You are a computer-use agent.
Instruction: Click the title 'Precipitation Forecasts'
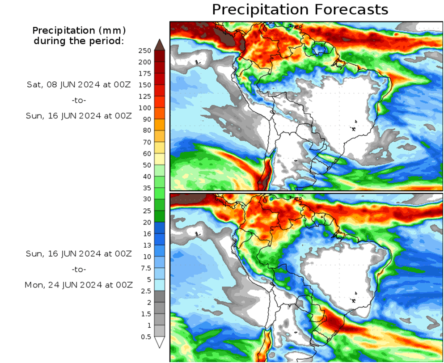click(300, 9)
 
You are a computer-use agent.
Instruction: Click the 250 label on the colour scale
click(145, 51)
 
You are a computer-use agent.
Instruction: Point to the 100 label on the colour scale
click(145, 108)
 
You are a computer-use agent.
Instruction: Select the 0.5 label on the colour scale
click(146, 337)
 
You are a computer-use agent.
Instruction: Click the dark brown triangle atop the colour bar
click(160, 44)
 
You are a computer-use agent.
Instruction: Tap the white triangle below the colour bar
click(160, 342)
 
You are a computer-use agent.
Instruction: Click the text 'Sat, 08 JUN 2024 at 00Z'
click(78, 84)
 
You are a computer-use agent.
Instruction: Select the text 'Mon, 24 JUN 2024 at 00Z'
click(78, 285)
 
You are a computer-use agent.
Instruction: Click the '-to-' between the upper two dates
click(79, 100)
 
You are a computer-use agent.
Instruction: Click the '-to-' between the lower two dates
click(79, 269)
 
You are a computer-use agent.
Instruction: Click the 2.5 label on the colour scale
click(146, 291)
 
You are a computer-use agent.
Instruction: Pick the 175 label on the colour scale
click(145, 73)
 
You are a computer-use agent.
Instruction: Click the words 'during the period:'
click(79, 41)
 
